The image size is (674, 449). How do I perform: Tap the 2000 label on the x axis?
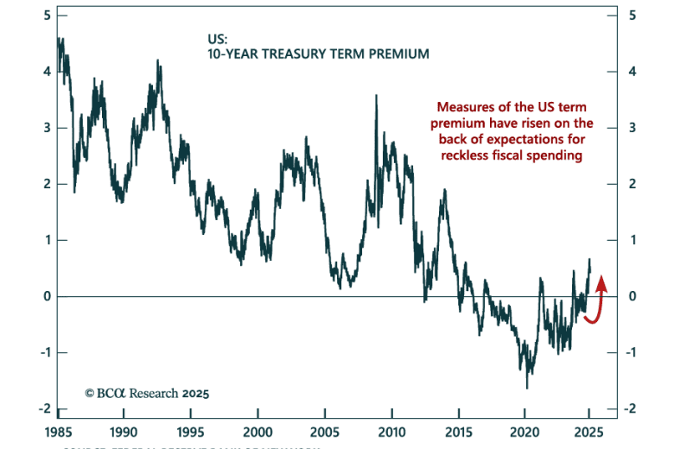258,432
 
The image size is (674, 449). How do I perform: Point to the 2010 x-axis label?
392,432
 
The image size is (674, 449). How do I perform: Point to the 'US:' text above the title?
218,39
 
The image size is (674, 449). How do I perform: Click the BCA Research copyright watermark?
147,392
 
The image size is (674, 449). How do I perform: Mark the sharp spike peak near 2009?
376,96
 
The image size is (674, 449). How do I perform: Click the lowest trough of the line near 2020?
527,388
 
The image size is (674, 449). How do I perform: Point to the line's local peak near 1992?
157,60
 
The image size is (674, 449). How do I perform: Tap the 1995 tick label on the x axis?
190,432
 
